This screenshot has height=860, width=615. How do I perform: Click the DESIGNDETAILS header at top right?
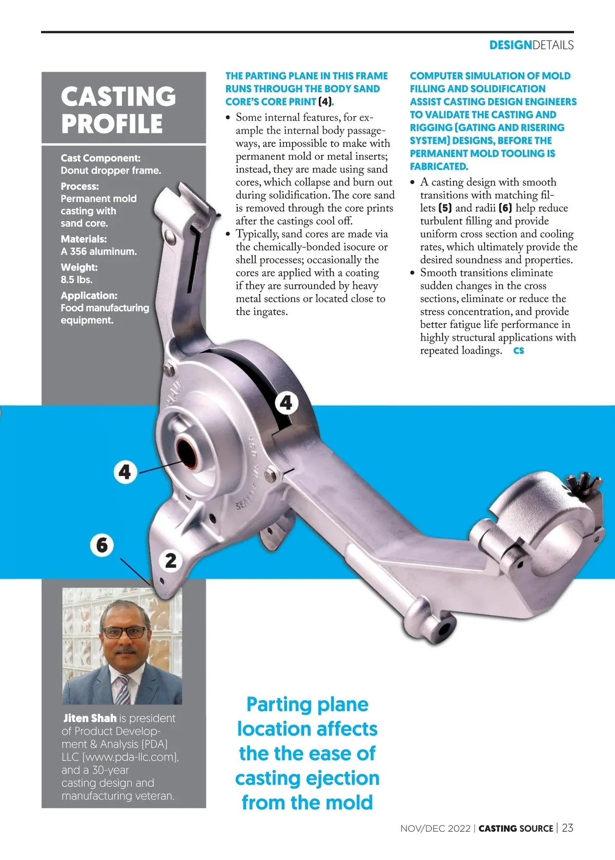click(531, 45)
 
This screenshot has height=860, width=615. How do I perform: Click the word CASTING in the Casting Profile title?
click(118, 96)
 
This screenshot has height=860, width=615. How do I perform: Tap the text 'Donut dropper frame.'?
click(111, 171)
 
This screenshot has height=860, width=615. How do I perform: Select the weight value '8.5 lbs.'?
click(76, 280)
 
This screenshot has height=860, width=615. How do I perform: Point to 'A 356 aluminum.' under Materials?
click(98, 252)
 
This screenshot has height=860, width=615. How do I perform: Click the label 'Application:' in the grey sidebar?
click(89, 296)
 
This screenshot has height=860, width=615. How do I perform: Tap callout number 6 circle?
click(102, 545)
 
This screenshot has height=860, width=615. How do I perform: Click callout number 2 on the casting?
click(171, 560)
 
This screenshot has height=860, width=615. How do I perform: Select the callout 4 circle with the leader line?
click(125, 472)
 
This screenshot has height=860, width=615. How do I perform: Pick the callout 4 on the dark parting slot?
click(286, 403)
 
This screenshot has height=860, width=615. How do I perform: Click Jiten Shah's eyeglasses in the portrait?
click(125, 632)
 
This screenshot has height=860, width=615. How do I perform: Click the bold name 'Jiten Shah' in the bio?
click(90, 719)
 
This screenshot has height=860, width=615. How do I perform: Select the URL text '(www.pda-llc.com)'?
click(130, 757)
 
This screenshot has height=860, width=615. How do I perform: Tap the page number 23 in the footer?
click(567, 828)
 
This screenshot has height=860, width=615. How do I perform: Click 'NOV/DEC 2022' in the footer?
click(435, 829)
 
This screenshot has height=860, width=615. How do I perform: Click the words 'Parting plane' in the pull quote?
click(307, 705)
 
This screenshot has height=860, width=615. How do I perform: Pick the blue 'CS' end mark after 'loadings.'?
click(519, 351)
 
